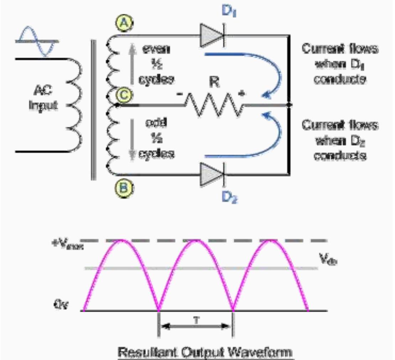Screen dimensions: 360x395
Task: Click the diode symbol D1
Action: pos(213,35)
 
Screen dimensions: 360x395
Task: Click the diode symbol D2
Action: pos(213,174)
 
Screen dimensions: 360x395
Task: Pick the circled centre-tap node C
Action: pos(123,95)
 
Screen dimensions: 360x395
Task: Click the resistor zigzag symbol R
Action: pos(214,105)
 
